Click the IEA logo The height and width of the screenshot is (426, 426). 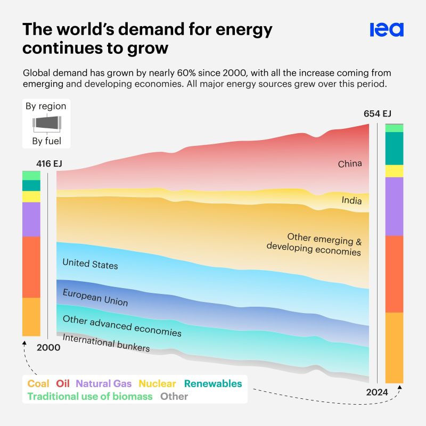(387, 30)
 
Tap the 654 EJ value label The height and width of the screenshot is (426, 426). (377, 113)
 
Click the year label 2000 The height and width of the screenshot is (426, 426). (48, 347)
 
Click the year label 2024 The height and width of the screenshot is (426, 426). (376, 392)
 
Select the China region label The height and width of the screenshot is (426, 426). (350, 163)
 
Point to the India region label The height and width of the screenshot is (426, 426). (351, 201)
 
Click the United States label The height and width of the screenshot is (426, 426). (90, 264)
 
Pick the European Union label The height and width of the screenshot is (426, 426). (95, 297)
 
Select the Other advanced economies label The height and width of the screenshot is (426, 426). (122, 326)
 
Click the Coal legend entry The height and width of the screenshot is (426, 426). (38, 383)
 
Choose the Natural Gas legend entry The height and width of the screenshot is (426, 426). (104, 383)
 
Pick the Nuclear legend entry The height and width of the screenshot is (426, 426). (157, 383)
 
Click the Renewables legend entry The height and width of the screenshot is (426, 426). (213, 383)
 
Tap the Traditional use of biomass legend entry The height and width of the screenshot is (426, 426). (90, 396)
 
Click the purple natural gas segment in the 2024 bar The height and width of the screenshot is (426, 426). (394, 206)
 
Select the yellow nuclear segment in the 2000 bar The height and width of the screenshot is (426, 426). (31, 196)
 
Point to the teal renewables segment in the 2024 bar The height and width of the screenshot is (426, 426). (394, 148)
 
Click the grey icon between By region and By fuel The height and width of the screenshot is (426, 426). (46, 124)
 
